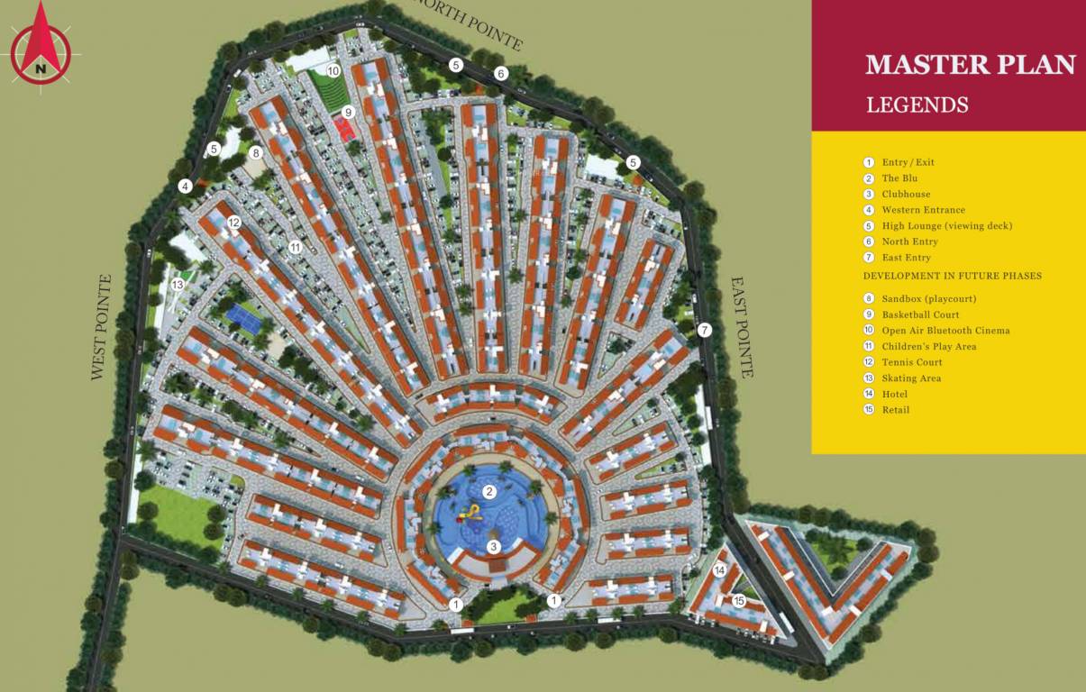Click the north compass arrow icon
41,45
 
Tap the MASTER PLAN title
970,65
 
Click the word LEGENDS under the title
917,105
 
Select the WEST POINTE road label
100,327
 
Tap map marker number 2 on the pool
489,491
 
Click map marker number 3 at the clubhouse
493,546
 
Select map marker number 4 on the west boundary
185,187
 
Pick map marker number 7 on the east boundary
705,330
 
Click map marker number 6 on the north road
501,73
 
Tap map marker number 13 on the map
178,285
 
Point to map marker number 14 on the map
719,570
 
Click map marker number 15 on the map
739,600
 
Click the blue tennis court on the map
244,316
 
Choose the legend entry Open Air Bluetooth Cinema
945,331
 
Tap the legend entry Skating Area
911,378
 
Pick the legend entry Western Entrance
923,210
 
